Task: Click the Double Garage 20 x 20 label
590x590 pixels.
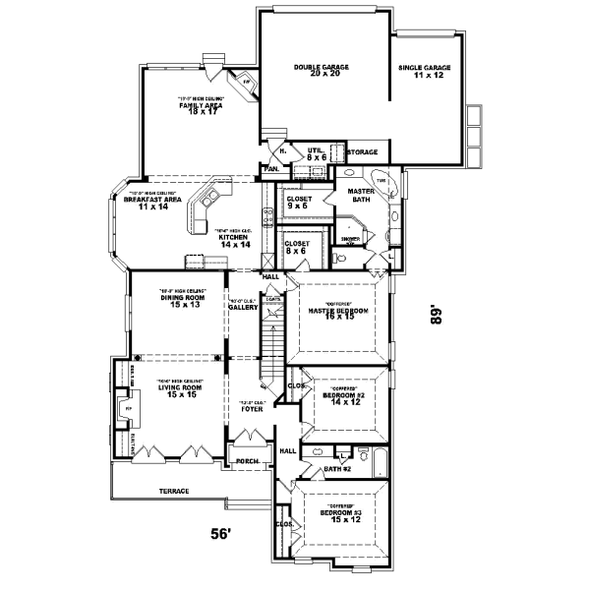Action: pos(322,71)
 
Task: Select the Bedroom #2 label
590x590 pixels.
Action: pos(343,398)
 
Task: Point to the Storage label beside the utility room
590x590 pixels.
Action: pos(363,152)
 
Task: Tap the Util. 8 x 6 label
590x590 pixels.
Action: pos(316,153)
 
